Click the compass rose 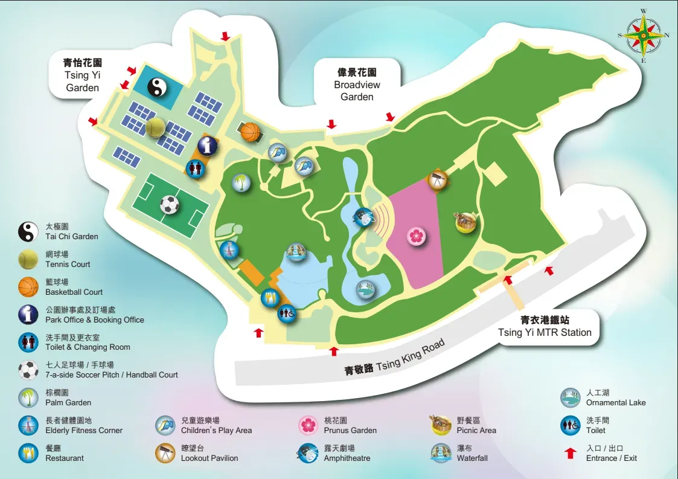(x=644, y=35)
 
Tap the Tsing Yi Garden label (x=83, y=75)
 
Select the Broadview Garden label (x=357, y=85)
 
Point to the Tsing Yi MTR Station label (x=545, y=327)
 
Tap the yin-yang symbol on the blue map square (x=156, y=89)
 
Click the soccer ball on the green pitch (x=170, y=205)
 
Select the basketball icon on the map (x=250, y=131)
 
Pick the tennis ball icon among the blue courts (x=155, y=127)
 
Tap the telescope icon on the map (x=437, y=179)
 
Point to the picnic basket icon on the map (x=465, y=222)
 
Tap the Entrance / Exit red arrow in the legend (x=571, y=453)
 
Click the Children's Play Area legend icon (x=165, y=426)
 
